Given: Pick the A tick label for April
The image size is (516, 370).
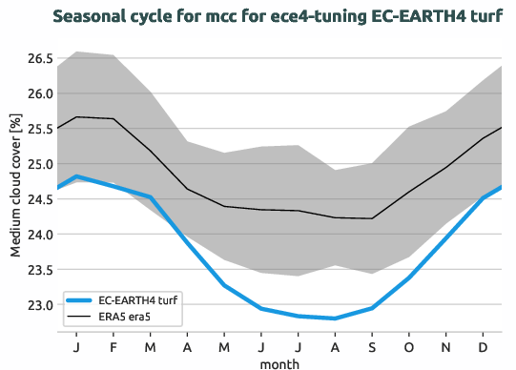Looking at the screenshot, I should coord(187,344).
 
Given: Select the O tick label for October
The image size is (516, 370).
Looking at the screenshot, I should coord(409,344).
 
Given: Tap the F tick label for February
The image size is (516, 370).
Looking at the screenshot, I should coord(114,344).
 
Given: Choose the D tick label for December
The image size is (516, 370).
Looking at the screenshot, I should coord(484,344).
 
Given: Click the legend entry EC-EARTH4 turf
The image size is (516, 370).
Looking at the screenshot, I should coord(143,299).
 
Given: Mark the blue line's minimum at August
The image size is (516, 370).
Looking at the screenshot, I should coord(335,319).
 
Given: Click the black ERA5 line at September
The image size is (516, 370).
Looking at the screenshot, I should coord(372,218).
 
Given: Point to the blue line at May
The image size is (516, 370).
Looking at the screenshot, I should coord(224,285).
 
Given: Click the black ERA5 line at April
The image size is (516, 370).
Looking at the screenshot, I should coord(187,189).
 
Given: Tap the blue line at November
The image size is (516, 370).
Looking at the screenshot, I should coord(446,237).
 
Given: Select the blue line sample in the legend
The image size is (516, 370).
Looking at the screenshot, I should coord(85,299).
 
